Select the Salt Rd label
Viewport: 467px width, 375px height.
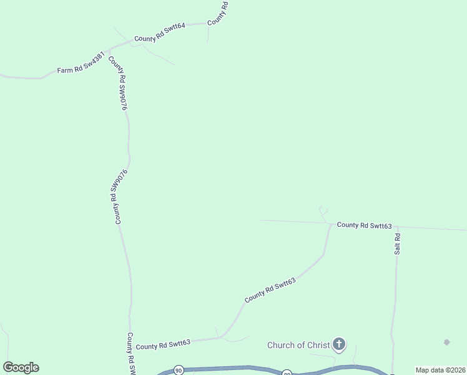click(x=397, y=244)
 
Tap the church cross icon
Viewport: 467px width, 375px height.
click(x=338, y=344)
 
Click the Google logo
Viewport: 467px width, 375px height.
click(x=21, y=367)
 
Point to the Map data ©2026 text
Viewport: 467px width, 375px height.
click(x=441, y=370)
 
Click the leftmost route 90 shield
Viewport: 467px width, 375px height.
click(x=179, y=370)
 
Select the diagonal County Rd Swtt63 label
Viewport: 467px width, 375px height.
click(x=270, y=290)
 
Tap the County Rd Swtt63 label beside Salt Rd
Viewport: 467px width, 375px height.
click(x=364, y=225)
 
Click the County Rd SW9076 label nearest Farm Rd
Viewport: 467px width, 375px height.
click(x=118, y=84)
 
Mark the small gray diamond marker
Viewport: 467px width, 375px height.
click(x=446, y=342)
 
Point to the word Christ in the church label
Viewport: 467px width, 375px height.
click(x=314, y=345)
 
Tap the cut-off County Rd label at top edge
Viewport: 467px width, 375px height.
click(x=219, y=13)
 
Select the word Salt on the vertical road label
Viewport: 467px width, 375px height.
click(x=397, y=248)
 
